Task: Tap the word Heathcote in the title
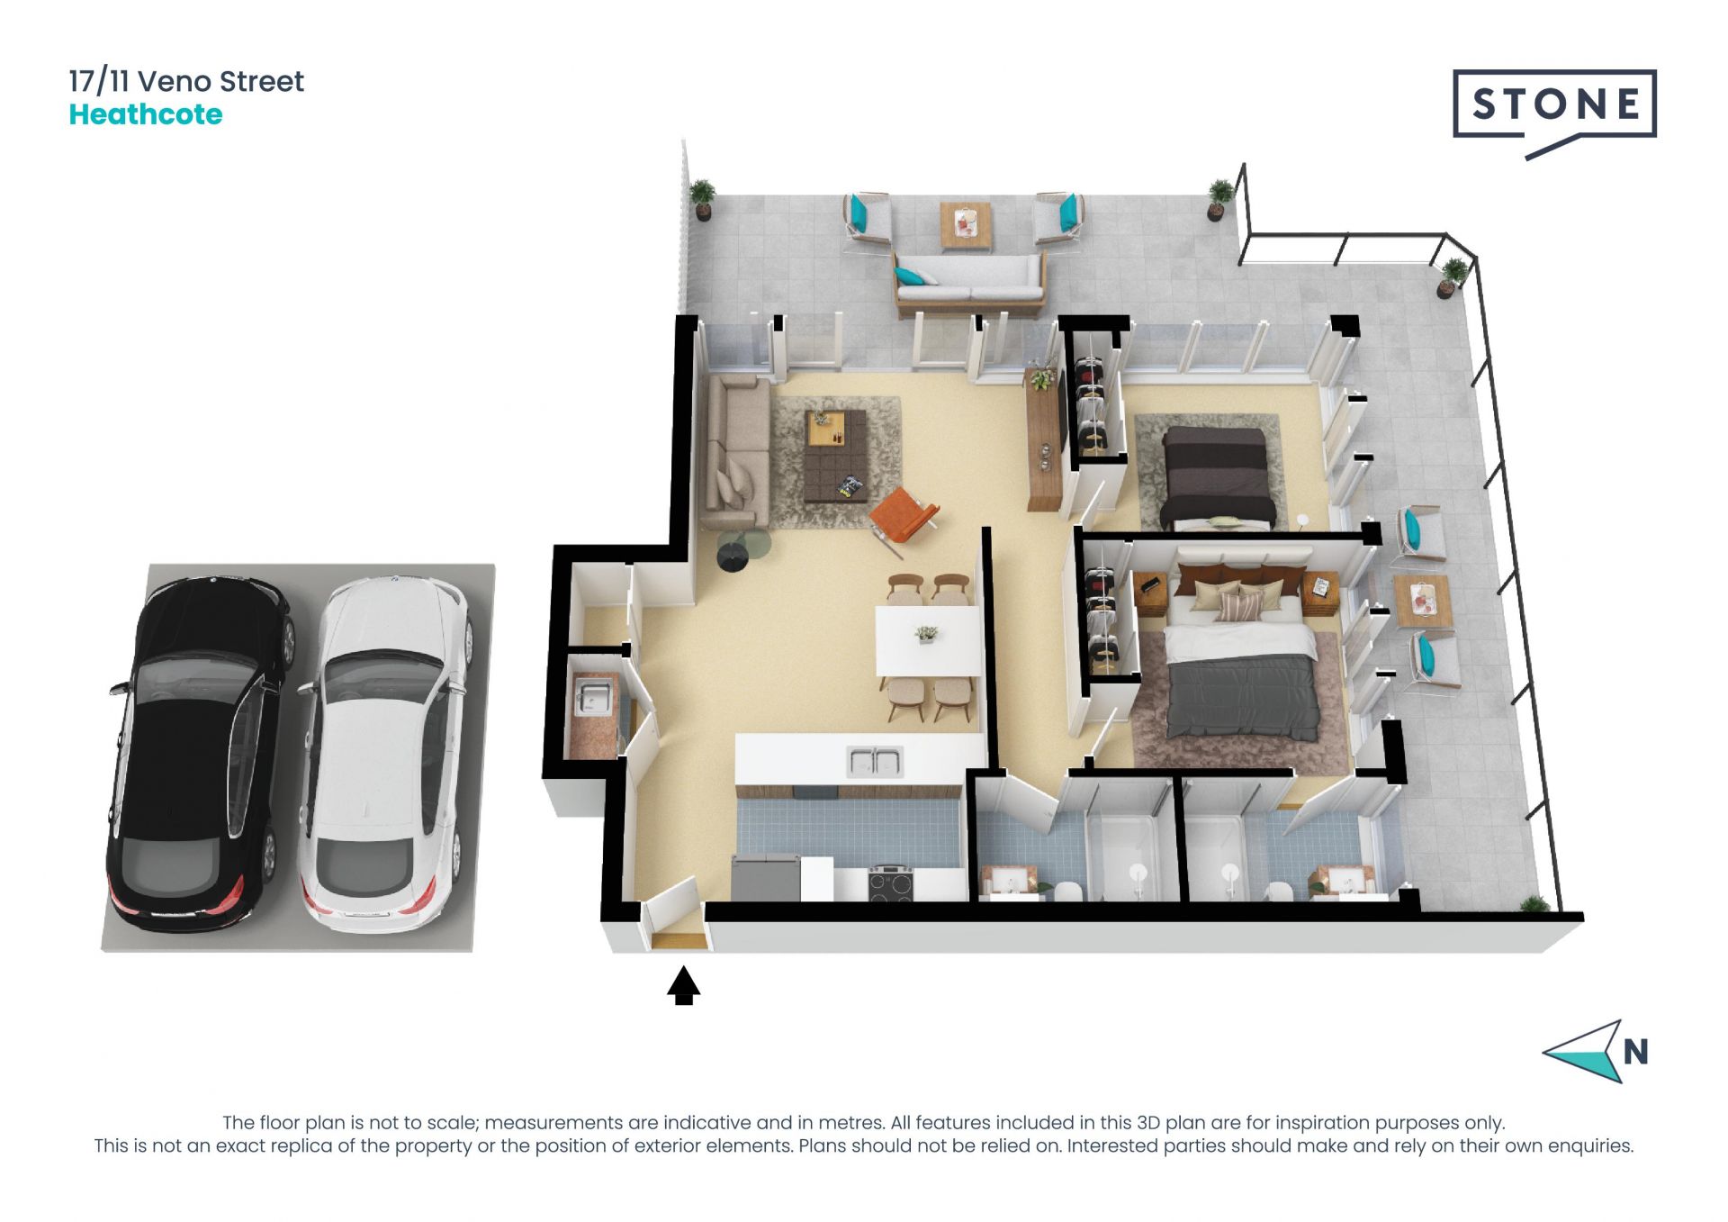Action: pos(146,114)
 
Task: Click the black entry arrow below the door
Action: pos(684,985)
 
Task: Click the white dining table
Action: pos(929,640)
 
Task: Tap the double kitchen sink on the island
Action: pos(874,762)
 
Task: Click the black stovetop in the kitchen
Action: pos(891,883)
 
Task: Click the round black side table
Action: pos(733,556)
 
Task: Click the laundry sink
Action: pos(594,698)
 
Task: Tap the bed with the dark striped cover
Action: pos(1218,477)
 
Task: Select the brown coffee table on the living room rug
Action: pos(835,456)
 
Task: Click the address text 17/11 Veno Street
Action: pos(186,82)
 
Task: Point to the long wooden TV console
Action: pos(1044,439)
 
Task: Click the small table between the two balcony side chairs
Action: pos(1423,601)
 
